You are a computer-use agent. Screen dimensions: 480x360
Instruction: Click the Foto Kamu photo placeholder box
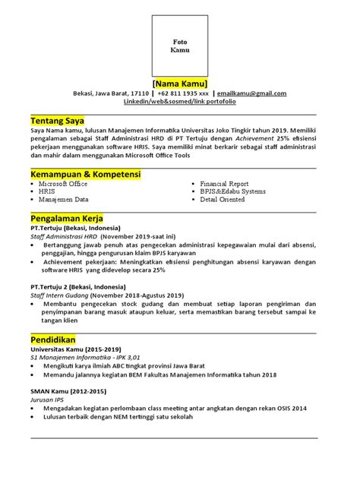[x=180, y=43]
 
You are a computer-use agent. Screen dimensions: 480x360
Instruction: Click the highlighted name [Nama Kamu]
[x=180, y=82]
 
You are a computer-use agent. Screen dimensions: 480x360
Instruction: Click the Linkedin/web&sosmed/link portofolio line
[x=179, y=102]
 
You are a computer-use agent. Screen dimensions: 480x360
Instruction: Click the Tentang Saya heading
[x=57, y=122]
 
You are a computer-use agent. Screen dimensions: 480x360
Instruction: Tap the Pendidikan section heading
[x=55, y=338]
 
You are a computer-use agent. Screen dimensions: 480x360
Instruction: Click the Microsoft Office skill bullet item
[x=63, y=184]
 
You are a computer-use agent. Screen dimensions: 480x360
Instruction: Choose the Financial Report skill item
[x=224, y=184]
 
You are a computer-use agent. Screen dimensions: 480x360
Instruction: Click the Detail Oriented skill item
[x=223, y=200]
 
